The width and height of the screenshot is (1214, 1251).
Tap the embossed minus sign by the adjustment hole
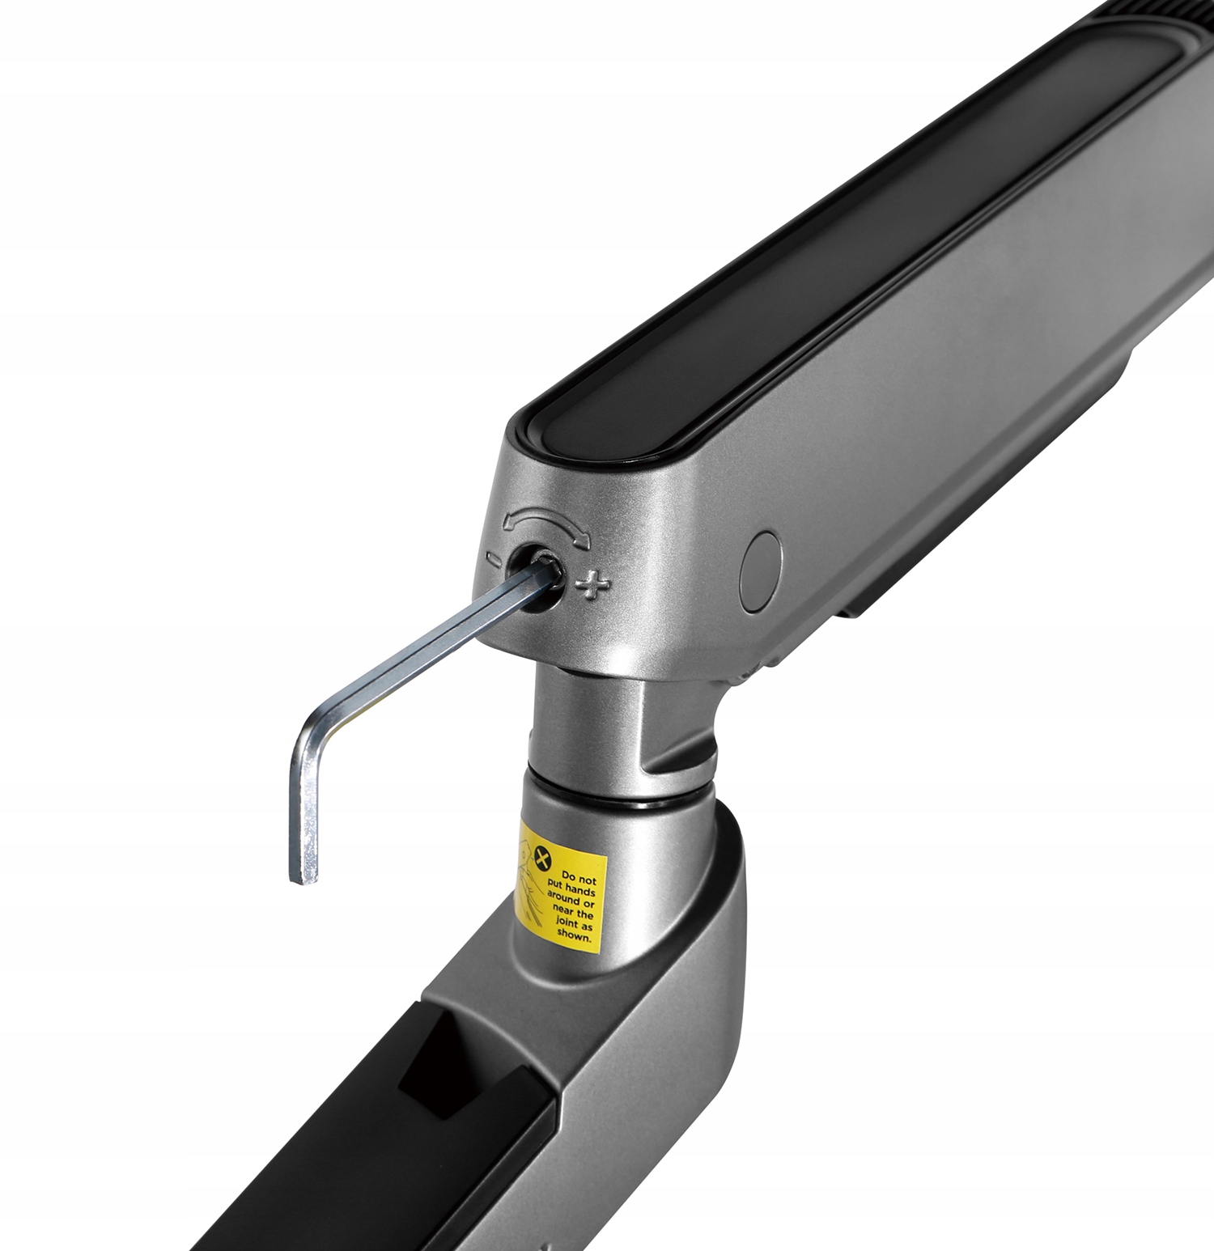pyautogui.click(x=493, y=558)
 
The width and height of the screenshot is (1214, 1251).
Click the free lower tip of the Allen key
pyautogui.click(x=306, y=879)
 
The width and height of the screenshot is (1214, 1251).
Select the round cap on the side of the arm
pyautogui.click(x=762, y=570)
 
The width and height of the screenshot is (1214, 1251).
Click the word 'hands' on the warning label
pyautogui.click(x=581, y=889)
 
